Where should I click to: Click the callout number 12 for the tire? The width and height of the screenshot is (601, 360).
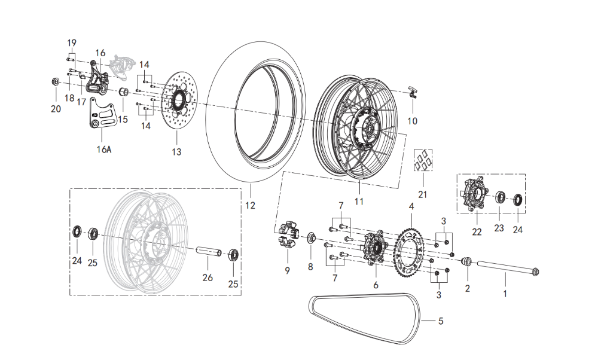tap(250, 206)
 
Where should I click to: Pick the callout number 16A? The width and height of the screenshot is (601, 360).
tap(105, 150)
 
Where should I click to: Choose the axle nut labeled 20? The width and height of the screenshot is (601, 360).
tap(55, 82)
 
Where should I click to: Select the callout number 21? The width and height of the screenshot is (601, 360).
tap(423, 194)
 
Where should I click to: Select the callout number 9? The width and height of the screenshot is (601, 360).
tap(287, 270)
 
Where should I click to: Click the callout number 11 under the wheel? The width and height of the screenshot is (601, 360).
tap(359, 202)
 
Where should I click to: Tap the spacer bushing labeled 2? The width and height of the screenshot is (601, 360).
tap(468, 261)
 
